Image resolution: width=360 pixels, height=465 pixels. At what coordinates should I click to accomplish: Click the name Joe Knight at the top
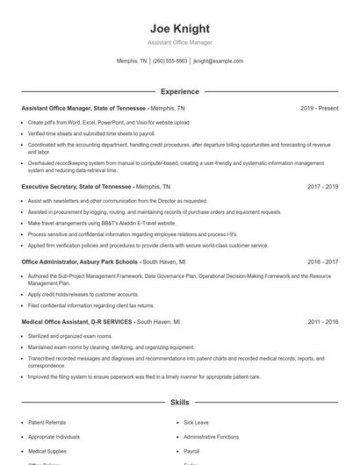coord(180,28)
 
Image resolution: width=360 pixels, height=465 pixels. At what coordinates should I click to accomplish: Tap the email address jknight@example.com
coord(218,61)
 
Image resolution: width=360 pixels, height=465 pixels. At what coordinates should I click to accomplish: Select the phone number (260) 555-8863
coord(170,61)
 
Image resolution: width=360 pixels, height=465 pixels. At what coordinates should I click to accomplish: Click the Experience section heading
coord(180,91)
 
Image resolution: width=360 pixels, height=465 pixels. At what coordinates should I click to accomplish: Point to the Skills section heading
coord(180,403)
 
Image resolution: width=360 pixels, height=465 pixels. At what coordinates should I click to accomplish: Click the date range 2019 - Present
coord(319,108)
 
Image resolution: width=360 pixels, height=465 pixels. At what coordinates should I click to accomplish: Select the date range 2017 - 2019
coord(322,187)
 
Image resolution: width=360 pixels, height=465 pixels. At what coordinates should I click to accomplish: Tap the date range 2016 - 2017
coord(322,261)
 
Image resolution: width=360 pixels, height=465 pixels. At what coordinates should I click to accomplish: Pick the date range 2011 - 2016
coord(322,322)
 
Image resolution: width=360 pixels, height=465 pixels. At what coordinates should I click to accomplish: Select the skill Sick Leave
coord(197,422)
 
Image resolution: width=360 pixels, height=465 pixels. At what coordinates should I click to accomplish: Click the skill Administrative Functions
coord(211,436)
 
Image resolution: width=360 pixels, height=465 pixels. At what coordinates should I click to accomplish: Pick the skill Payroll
coord(191,450)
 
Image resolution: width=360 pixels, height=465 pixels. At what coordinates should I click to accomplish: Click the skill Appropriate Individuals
coord(54,436)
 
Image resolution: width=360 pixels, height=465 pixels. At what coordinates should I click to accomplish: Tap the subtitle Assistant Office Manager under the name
coord(180,42)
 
